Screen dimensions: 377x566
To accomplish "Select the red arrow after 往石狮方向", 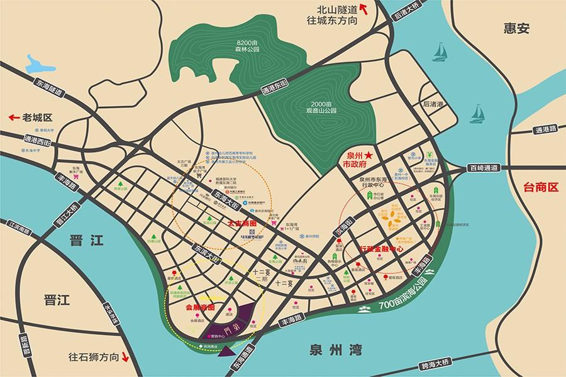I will pyautogui.click(x=125, y=358).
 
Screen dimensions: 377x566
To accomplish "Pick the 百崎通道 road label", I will pyautogui.click(x=483, y=168).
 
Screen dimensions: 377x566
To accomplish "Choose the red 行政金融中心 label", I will pyautogui.click(x=382, y=249).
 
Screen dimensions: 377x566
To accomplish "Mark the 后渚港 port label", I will pyautogui.click(x=433, y=104).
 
